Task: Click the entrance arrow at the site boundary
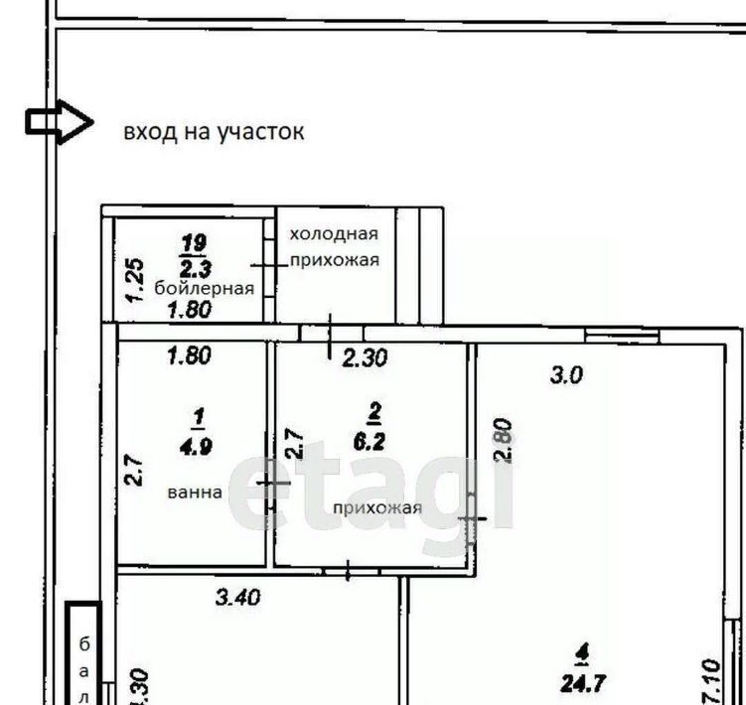pyautogui.click(x=59, y=122)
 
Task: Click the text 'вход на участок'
pyautogui.click(x=214, y=131)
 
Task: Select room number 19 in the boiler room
pyautogui.click(x=194, y=243)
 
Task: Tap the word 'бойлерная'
pyautogui.click(x=204, y=288)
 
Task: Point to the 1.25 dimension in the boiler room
pyautogui.click(x=135, y=280)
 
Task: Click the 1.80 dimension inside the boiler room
pyautogui.click(x=190, y=310)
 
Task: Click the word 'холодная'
pyautogui.click(x=334, y=234)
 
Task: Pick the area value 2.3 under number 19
pyautogui.click(x=196, y=269)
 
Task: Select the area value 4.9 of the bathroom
pyautogui.click(x=196, y=447)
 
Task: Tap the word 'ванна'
pyautogui.click(x=195, y=492)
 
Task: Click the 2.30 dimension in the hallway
pyautogui.click(x=365, y=357)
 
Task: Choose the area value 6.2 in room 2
pyautogui.click(x=370, y=442)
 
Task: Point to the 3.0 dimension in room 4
pyautogui.click(x=566, y=375)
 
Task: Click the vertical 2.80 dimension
pyautogui.click(x=504, y=440)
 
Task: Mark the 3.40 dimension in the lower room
pyautogui.click(x=237, y=597)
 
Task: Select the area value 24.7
pyautogui.click(x=583, y=683)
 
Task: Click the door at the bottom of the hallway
pyautogui.click(x=349, y=571)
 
